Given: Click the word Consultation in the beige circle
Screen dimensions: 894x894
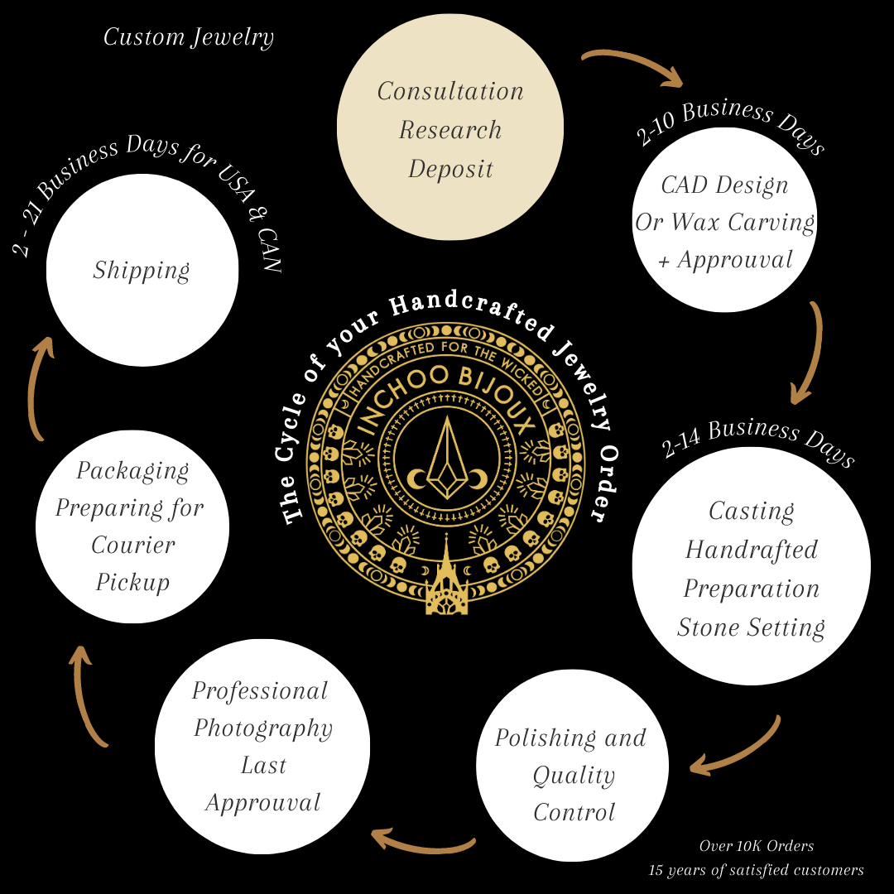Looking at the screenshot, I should point(450,91).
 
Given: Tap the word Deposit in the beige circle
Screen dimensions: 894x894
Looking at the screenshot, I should point(450,169).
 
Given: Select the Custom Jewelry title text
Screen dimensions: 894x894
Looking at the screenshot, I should point(189,37).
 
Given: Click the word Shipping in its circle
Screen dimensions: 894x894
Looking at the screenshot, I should point(142,270).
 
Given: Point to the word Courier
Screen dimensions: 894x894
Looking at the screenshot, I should point(133,545).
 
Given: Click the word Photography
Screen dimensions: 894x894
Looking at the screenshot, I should point(263,728).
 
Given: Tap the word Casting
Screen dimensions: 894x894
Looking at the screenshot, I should point(751,512).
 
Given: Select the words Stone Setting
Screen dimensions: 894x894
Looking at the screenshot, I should point(751,627).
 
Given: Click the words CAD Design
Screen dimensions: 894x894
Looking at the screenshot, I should point(724,185).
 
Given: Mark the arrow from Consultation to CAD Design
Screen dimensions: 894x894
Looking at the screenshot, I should point(633,67).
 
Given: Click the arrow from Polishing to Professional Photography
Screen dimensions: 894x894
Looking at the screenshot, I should point(422,842).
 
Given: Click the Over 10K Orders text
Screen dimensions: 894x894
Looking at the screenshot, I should point(756,846).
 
